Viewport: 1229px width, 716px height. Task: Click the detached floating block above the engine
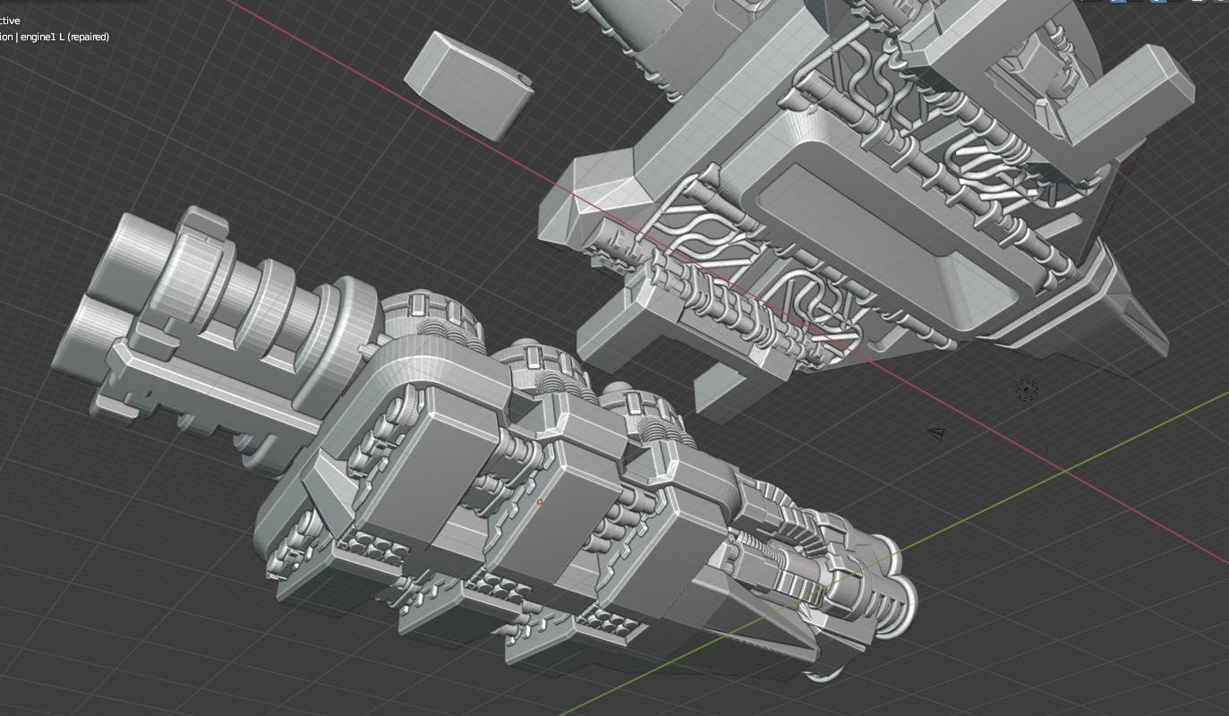click(x=467, y=84)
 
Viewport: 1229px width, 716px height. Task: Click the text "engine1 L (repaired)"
click(x=64, y=37)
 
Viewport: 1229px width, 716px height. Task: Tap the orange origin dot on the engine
click(x=540, y=503)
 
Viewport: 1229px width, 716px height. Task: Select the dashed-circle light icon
click(x=1027, y=390)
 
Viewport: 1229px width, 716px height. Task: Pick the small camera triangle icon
click(x=936, y=434)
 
